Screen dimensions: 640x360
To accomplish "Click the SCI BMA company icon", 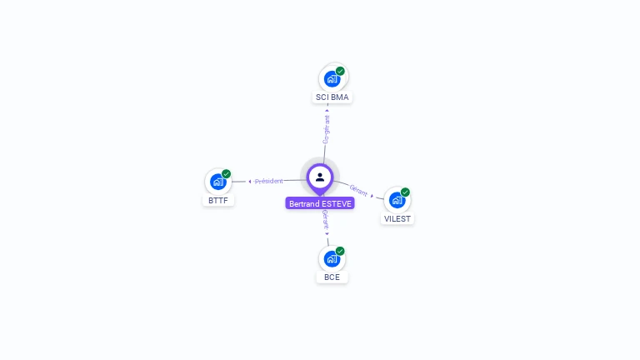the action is click(x=332, y=79).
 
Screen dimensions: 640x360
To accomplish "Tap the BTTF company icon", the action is click(x=218, y=182).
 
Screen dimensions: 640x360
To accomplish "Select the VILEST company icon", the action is click(x=397, y=200).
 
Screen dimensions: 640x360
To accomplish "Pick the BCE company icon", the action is click(x=332, y=258).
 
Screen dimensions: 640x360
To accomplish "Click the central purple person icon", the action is click(x=320, y=177).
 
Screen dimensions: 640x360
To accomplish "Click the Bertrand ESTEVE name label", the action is click(x=320, y=203).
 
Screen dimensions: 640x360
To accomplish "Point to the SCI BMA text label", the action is click(x=332, y=97).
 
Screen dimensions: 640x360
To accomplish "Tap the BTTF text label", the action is click(x=218, y=201).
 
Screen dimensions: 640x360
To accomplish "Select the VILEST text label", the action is click(x=397, y=218).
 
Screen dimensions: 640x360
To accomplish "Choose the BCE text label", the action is click(x=332, y=277).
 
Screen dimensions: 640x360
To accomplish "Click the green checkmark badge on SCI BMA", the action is click(x=340, y=72).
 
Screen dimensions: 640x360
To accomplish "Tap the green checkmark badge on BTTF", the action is click(x=226, y=174).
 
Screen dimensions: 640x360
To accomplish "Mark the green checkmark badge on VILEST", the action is click(x=405, y=192).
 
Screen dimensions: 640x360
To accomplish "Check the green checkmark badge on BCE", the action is click(x=340, y=251).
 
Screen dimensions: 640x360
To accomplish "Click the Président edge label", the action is click(x=269, y=181).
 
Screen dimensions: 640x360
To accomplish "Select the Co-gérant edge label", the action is click(x=326, y=128).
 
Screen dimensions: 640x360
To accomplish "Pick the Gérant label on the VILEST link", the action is click(x=358, y=190).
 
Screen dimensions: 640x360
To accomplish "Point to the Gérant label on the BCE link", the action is click(x=326, y=220).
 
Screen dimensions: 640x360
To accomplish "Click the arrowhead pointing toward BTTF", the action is click(x=250, y=181).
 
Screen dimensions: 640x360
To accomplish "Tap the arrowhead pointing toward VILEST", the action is click(x=372, y=195).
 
